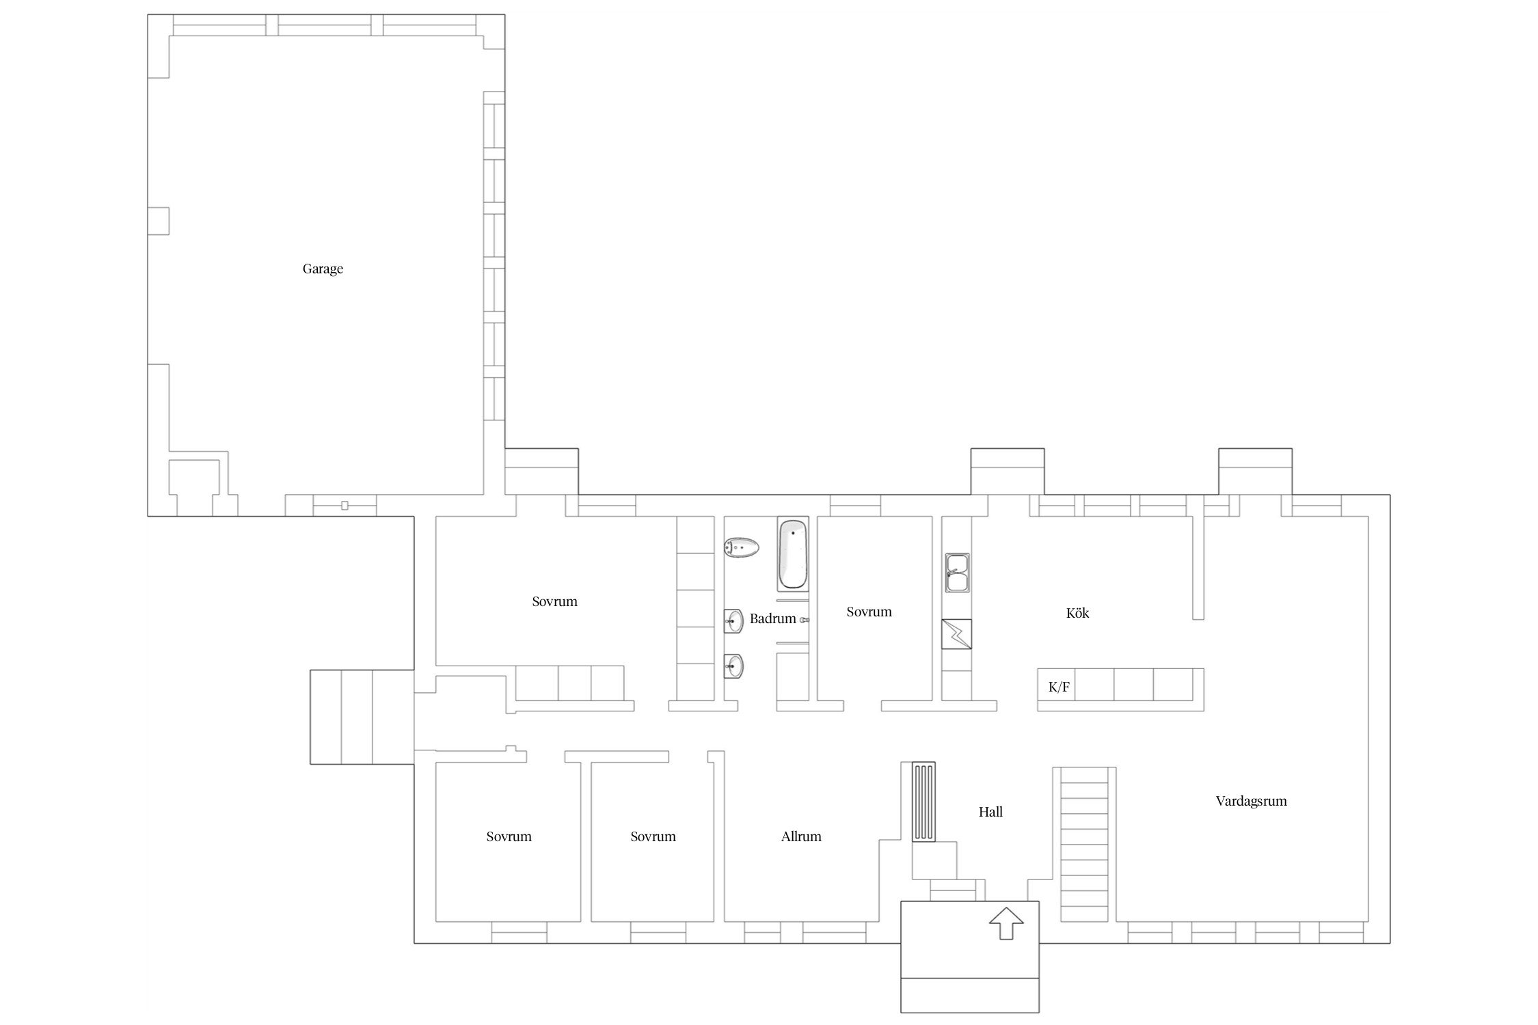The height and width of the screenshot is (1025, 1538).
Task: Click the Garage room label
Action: coord(323,269)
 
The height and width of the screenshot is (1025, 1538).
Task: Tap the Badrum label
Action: coord(772,619)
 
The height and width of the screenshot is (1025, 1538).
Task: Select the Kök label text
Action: coord(1077,614)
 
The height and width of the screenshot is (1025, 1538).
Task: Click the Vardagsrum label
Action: coord(1251,802)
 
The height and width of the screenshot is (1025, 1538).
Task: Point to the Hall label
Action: coord(990,812)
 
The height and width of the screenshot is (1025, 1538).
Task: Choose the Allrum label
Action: coord(801,837)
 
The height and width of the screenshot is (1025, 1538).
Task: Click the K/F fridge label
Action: coord(1059,687)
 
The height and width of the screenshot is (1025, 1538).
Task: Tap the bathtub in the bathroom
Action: coord(793,554)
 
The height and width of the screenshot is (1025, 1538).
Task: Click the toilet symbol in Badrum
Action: coord(741,547)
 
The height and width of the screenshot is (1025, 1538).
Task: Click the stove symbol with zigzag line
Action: coord(956,634)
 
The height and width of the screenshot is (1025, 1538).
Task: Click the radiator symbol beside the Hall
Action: coord(923,802)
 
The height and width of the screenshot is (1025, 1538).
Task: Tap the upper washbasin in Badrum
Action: coord(733,621)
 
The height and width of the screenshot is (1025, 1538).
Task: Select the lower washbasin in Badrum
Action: coord(733,666)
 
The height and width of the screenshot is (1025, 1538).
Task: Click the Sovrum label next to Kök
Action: coord(869,612)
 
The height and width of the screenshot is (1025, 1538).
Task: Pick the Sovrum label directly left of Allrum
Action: coord(653,837)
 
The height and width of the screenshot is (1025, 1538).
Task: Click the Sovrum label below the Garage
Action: coord(554,602)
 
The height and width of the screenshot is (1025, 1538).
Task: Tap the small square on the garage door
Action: coord(345,506)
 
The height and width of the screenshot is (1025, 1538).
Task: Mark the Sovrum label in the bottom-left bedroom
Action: coord(509,837)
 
